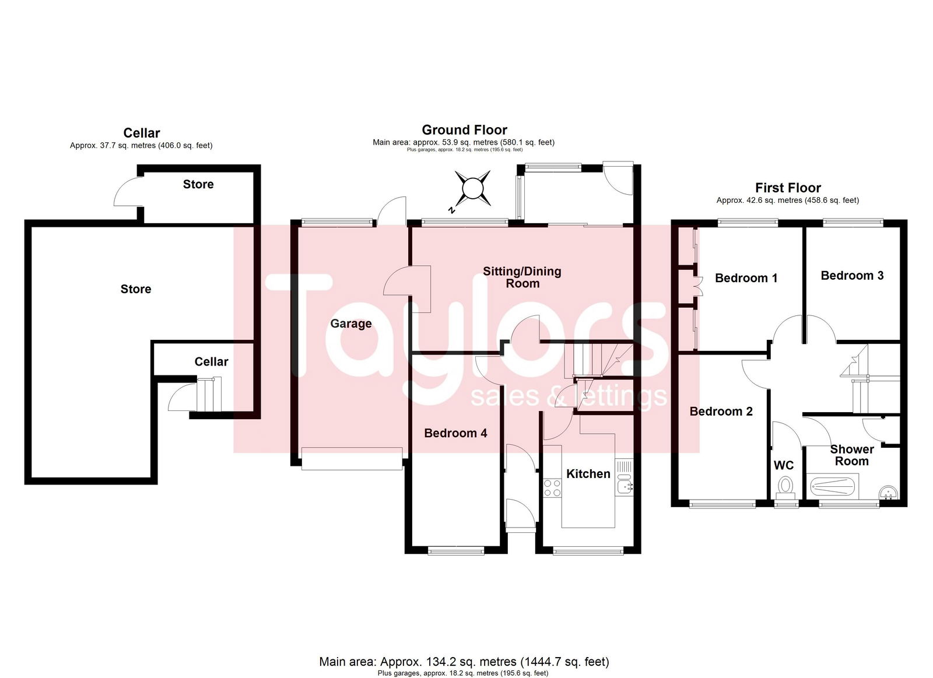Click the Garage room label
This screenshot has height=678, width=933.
350,324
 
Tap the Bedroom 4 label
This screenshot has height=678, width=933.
455,434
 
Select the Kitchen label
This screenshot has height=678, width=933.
588,474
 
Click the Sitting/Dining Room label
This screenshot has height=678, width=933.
522,277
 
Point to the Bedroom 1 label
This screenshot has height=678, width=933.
746,278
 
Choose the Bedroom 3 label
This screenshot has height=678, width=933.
852,276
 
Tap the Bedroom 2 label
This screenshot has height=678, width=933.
721,412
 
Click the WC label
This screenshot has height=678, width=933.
784,465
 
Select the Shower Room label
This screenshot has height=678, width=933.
852,455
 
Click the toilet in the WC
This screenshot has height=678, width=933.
785,488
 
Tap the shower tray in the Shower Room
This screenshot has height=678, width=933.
832,486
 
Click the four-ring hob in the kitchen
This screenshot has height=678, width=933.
552,488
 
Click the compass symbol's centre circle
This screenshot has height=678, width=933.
472,188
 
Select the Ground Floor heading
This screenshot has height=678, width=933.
464,130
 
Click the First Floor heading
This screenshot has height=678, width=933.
788,188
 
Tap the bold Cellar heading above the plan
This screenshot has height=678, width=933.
142,134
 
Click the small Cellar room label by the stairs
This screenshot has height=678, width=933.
211,362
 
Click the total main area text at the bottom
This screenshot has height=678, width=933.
464,662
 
